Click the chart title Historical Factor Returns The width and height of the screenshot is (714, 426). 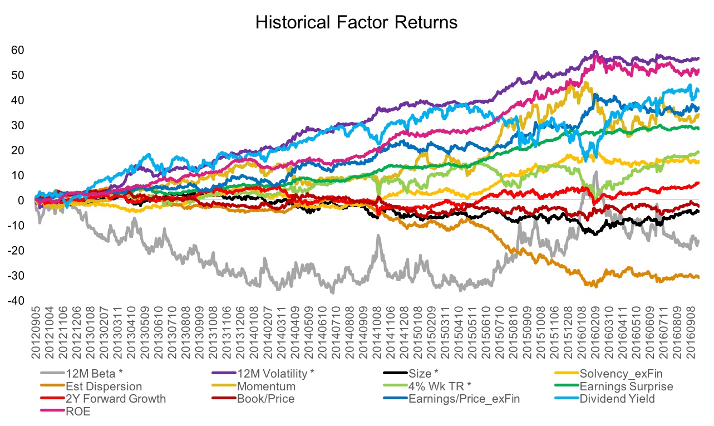tap(356, 23)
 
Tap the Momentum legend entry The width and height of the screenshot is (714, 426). tap(266, 386)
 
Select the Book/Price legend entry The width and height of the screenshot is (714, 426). tap(264, 399)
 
